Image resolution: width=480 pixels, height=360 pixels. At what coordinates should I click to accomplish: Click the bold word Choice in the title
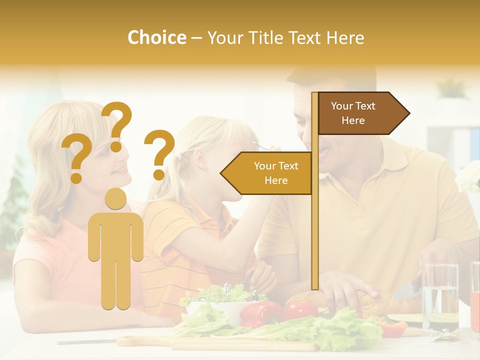[156, 37]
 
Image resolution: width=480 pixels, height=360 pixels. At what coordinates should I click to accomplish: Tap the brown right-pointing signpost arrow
[360, 113]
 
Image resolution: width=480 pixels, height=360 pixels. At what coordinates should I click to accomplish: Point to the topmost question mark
[117, 124]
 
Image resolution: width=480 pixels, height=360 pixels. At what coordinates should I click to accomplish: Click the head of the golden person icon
[115, 198]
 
